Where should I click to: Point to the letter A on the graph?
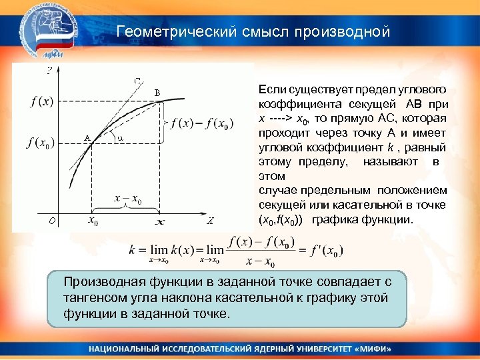[x=87, y=138]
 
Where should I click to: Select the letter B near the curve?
[x=157, y=93]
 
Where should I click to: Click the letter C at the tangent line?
[x=137, y=81]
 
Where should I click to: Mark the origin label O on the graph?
[x=42, y=221]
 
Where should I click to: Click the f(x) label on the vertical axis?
[x=41, y=101]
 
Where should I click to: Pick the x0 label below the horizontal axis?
[x=91, y=221]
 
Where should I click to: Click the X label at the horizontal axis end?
[x=209, y=221]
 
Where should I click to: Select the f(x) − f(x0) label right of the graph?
[x=203, y=123]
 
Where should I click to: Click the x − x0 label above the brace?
[x=127, y=198]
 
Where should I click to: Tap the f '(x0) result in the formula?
[x=326, y=251]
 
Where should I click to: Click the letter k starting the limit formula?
[x=133, y=251]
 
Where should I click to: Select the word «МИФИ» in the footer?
[x=373, y=349]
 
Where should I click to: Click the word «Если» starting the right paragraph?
[x=270, y=89]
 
